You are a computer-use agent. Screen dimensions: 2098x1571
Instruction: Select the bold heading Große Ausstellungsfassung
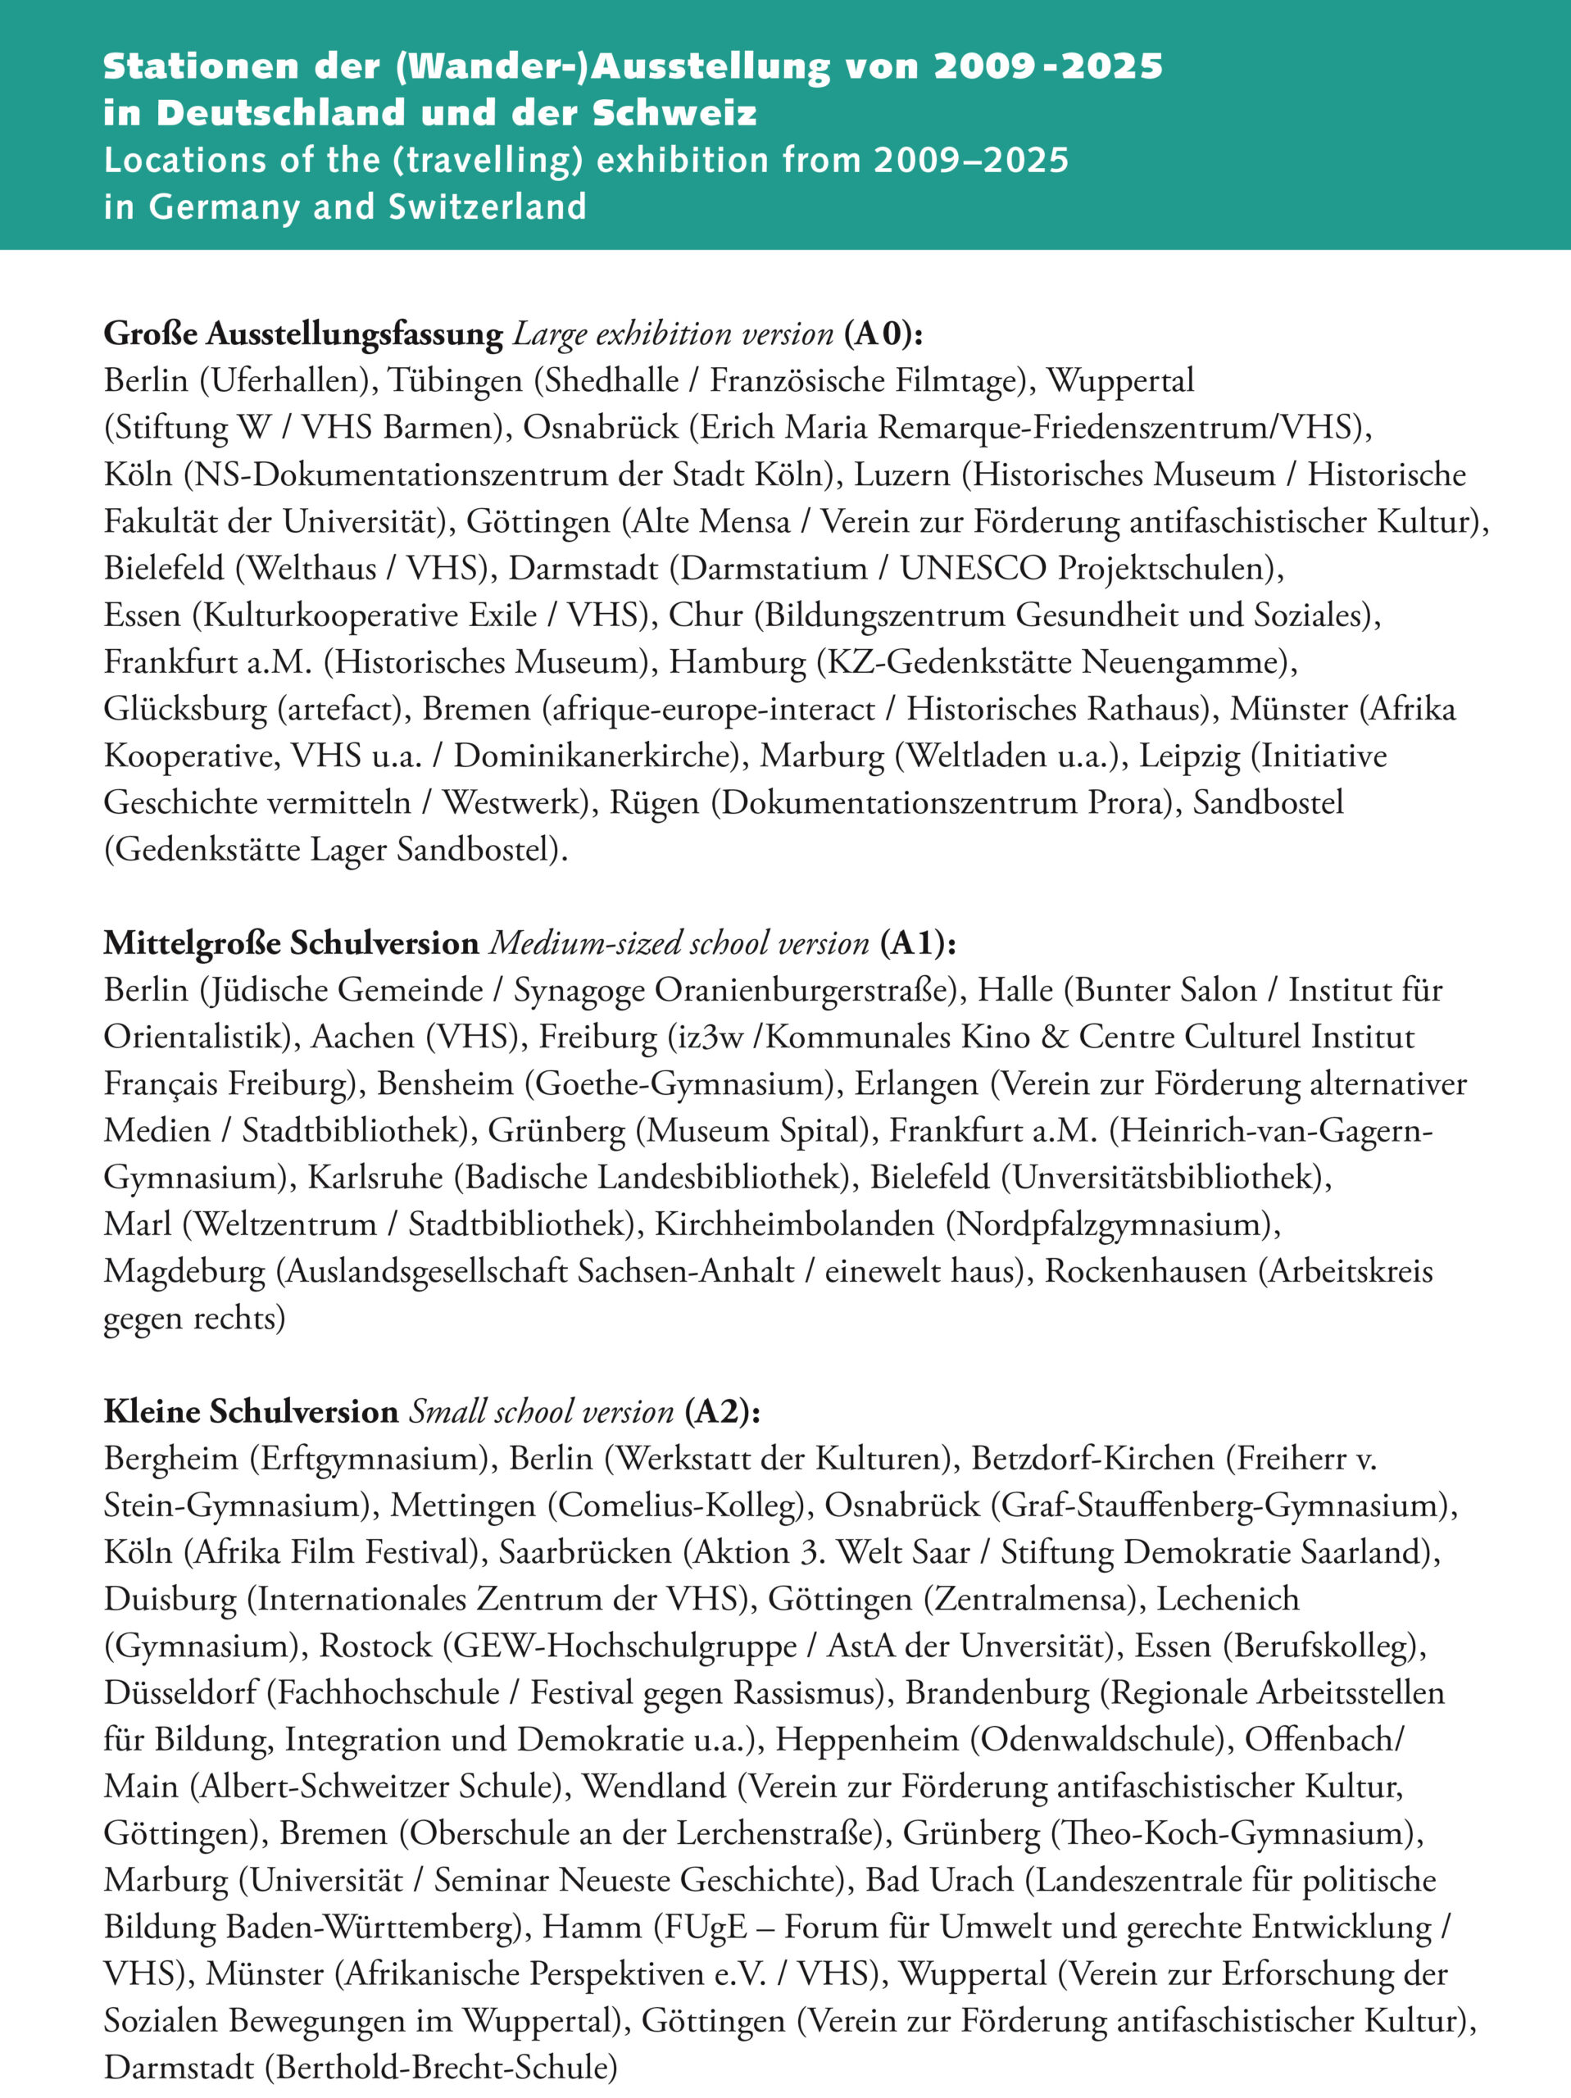tap(302, 334)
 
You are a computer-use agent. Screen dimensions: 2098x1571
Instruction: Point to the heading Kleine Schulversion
tap(251, 1411)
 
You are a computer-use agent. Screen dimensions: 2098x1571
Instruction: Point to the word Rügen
tap(655, 802)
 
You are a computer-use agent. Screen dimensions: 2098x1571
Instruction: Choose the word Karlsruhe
tap(375, 1177)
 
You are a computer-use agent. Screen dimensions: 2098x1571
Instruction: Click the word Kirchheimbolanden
tap(794, 1224)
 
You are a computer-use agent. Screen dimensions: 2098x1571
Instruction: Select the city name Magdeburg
tap(185, 1271)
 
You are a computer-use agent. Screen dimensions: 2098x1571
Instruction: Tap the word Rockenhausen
tap(1146, 1271)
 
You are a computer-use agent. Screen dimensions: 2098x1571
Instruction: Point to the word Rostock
tap(375, 1646)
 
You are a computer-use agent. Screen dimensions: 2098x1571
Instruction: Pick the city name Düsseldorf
tap(180, 1692)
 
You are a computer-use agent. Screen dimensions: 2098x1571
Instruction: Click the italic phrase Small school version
tap(541, 1411)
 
